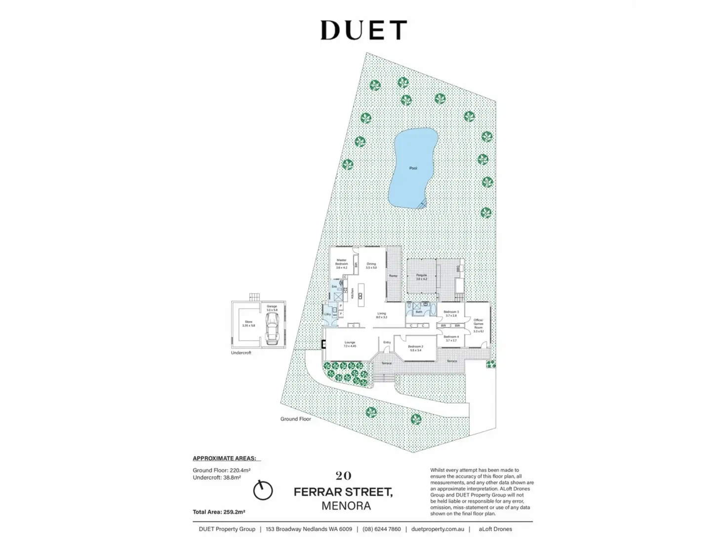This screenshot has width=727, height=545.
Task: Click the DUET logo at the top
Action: pyautogui.click(x=363, y=30)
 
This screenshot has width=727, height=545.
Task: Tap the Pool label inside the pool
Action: pyautogui.click(x=413, y=168)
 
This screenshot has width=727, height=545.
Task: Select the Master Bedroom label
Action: pyautogui.click(x=341, y=264)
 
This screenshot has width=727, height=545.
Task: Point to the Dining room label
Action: pyautogui.click(x=371, y=266)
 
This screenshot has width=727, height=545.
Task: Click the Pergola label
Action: pyautogui.click(x=421, y=276)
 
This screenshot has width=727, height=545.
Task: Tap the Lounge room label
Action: pyautogui.click(x=350, y=344)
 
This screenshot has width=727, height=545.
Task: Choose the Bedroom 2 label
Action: pyautogui.click(x=415, y=348)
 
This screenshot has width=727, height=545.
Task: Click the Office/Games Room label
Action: pyautogui.click(x=478, y=325)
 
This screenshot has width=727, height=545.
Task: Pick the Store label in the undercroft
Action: pyautogui.click(x=248, y=323)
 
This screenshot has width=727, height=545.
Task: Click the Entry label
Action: pyautogui.click(x=387, y=342)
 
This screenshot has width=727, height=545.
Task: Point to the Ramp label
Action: pyautogui.click(x=393, y=275)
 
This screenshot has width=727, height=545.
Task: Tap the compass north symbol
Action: pyautogui.click(x=263, y=490)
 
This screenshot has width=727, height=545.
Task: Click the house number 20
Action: pyautogui.click(x=343, y=476)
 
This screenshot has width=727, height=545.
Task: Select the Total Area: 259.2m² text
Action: pyautogui.click(x=219, y=512)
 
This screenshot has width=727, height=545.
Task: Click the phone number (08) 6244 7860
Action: pyautogui.click(x=381, y=529)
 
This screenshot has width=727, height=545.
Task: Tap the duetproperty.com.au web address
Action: pyautogui.click(x=437, y=529)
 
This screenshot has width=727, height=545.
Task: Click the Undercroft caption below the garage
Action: pyautogui.click(x=241, y=353)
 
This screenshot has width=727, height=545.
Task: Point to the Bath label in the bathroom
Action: pyautogui.click(x=419, y=312)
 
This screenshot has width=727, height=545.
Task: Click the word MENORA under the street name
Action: pyautogui.click(x=346, y=506)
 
